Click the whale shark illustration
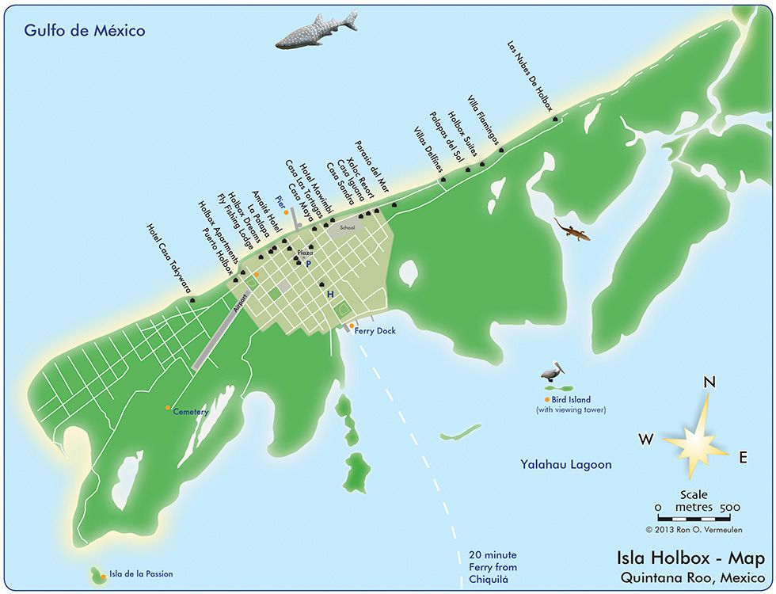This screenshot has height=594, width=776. (316, 32)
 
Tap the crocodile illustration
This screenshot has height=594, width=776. (572, 230)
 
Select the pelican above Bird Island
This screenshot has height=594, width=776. (551, 371)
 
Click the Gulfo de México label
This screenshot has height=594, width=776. (85, 31)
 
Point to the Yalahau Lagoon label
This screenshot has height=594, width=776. (566, 465)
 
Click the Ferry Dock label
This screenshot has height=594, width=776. (375, 331)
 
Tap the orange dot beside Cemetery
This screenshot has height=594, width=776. (168, 408)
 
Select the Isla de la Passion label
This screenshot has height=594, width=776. (141, 573)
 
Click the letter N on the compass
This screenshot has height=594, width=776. (709, 383)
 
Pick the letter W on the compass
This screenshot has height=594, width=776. (647, 438)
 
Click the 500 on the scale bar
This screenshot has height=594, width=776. (729, 507)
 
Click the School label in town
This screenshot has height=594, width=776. (347, 227)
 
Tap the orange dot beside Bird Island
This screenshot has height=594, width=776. (546, 399)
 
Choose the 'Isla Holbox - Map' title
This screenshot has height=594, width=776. (685, 558)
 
